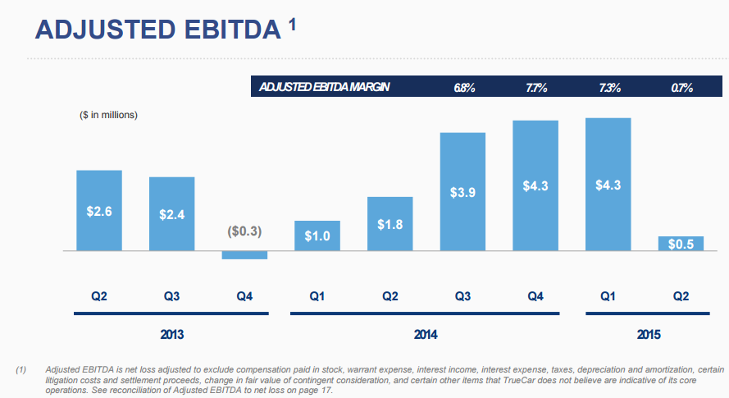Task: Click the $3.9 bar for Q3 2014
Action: [x=462, y=191]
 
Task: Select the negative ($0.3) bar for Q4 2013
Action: [x=244, y=255]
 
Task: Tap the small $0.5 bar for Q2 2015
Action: [x=681, y=243]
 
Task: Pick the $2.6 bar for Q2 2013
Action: [x=98, y=210]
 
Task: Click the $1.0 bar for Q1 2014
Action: [x=317, y=236]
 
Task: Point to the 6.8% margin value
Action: [x=464, y=88]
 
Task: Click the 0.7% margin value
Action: [x=681, y=88]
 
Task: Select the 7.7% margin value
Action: [x=536, y=88]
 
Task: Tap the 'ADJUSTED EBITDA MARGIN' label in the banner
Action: [x=323, y=88]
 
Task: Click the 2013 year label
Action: [x=171, y=335]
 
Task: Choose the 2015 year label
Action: [x=648, y=335]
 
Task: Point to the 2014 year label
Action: [x=425, y=335]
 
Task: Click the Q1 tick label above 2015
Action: [x=608, y=296]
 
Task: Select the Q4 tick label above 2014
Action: [x=536, y=296]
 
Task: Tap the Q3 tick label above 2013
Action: [x=171, y=296]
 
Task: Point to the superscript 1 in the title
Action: [x=293, y=24]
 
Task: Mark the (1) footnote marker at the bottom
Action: [x=22, y=372]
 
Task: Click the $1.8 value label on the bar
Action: [x=390, y=225]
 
